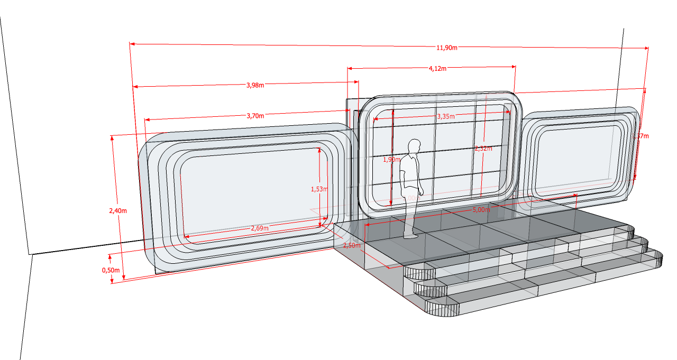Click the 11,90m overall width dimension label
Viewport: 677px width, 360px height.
coord(446,48)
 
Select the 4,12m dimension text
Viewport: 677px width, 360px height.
coord(437,69)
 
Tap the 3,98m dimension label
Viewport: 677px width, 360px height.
coord(255,85)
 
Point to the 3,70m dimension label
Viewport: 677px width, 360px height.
coord(255,116)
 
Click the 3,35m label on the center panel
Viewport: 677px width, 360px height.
coord(446,116)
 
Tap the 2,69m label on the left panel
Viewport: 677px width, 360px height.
coord(259,228)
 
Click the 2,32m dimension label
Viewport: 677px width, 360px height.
coord(482,149)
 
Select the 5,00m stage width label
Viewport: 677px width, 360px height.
coord(480,210)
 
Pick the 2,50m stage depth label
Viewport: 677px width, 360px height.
coord(352,246)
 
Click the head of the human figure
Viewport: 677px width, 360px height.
coord(414,146)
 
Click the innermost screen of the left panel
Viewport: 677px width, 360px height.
coord(251,193)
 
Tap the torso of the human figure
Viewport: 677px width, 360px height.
coord(409,169)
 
